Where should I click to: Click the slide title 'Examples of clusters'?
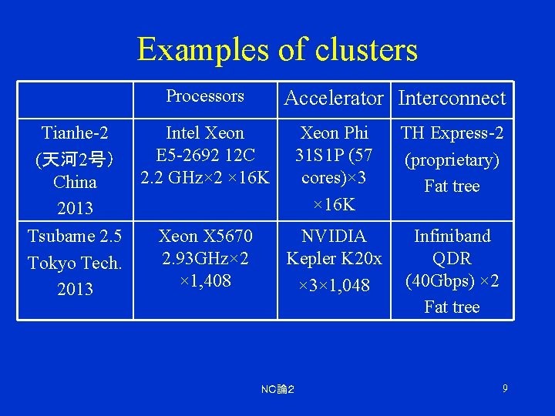[277, 50]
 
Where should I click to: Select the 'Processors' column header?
[205, 96]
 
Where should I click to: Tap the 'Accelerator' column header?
[334, 98]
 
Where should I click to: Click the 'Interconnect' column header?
[452, 98]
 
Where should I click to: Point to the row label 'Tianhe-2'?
[75, 133]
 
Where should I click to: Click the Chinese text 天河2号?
[75, 159]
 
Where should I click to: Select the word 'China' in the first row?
[75, 183]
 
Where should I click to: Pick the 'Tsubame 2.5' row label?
[75, 236]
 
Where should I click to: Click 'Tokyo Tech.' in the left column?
[75, 263]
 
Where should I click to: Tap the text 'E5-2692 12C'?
[205, 155]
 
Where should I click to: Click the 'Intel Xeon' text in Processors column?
[205, 133]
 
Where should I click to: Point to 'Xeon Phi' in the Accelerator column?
[334, 133]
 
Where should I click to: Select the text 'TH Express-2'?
[452, 133]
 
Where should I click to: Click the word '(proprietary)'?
[452, 159]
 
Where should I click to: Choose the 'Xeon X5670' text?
[205, 236]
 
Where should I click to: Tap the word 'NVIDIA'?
[334, 236]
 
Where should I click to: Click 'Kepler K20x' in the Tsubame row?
[334, 258]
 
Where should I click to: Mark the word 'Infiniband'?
[452, 236]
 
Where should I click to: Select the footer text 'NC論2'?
[277, 390]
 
